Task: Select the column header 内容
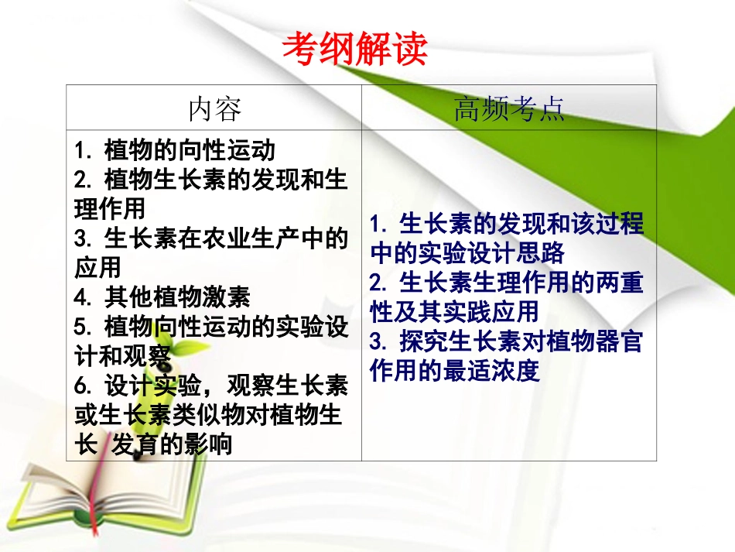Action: (x=214, y=109)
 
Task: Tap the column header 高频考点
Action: (x=508, y=109)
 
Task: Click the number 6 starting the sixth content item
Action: (x=81, y=385)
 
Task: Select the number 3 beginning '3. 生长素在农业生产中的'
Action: (x=81, y=238)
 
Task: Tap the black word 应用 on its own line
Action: (x=98, y=267)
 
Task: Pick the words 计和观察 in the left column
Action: (x=122, y=355)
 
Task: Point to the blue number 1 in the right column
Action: (x=377, y=225)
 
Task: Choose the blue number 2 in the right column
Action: (x=377, y=283)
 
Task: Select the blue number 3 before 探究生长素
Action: (x=377, y=342)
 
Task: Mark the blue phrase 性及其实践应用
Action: (x=454, y=312)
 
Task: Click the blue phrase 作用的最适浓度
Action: (x=454, y=371)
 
